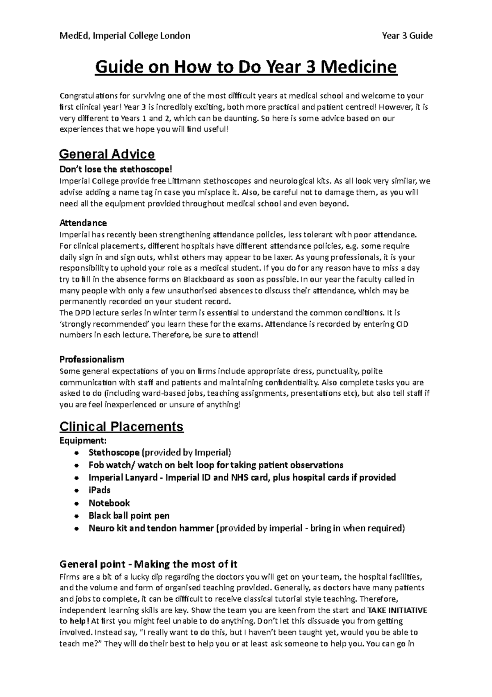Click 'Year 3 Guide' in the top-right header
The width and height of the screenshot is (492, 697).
pyautogui.click(x=407, y=36)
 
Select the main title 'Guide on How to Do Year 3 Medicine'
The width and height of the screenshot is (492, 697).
pyautogui.click(x=246, y=67)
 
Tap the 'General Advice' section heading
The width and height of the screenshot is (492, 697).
pyautogui.click(x=107, y=154)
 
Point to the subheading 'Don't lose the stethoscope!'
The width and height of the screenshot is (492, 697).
pyautogui.click(x=114, y=169)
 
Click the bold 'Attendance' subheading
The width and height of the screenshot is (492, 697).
pyautogui.click(x=83, y=223)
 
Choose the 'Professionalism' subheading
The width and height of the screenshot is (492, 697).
pyautogui.click(x=92, y=360)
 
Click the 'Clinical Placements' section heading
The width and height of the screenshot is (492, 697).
pyautogui.click(x=121, y=427)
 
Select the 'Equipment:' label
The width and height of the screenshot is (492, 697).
pyautogui.click(x=83, y=440)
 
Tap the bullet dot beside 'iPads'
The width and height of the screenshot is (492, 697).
pyautogui.click(x=76, y=491)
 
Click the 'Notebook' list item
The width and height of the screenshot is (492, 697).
pyautogui.click(x=109, y=503)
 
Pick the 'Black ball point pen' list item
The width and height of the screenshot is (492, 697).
pyautogui.click(x=129, y=516)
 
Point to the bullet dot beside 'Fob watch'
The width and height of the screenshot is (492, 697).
pyautogui.click(x=76, y=466)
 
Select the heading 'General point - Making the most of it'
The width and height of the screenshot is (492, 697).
pyautogui.click(x=148, y=564)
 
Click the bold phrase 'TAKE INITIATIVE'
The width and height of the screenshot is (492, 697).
pyautogui.click(x=398, y=610)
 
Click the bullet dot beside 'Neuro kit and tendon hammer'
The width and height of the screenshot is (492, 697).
pyautogui.click(x=76, y=529)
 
